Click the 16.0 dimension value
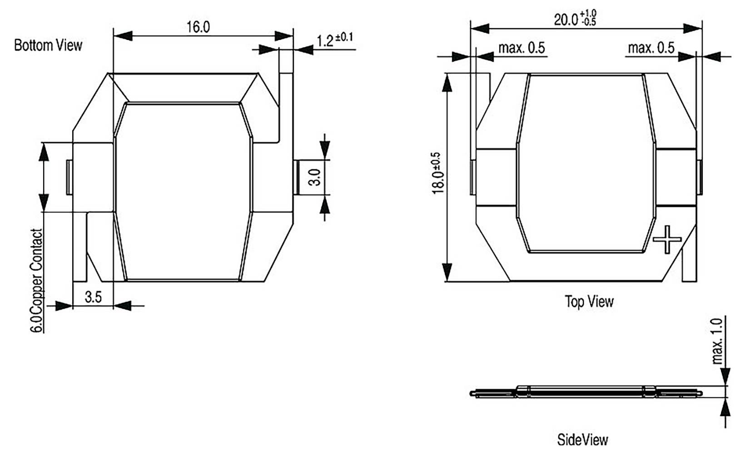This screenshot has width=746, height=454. pyautogui.click(x=198, y=27)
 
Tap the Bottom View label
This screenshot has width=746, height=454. pyautogui.click(x=48, y=45)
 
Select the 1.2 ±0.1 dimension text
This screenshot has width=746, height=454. pyautogui.click(x=334, y=40)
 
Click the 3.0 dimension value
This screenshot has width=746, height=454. pyautogui.click(x=315, y=177)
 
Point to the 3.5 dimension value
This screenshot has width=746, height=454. pyautogui.click(x=93, y=297)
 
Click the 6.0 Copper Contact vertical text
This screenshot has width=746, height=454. pyautogui.click(x=37, y=280)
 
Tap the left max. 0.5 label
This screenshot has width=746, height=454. pyautogui.click(x=521, y=48)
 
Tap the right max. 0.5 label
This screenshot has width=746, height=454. pyautogui.click(x=651, y=48)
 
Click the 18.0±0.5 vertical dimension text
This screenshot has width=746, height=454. pyautogui.click(x=437, y=173)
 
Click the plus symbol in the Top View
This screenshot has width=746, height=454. pyautogui.click(x=667, y=239)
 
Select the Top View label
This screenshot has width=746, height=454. pyautogui.click(x=589, y=301)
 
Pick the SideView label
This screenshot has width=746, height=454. pyautogui.click(x=582, y=439)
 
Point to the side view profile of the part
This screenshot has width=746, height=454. pyautogui.click(x=586, y=392)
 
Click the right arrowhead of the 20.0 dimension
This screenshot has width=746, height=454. pyautogui.click(x=692, y=28)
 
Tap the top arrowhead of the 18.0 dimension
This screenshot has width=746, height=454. pyautogui.click(x=447, y=82)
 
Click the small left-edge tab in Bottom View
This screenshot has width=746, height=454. pyautogui.click(x=69, y=177)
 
